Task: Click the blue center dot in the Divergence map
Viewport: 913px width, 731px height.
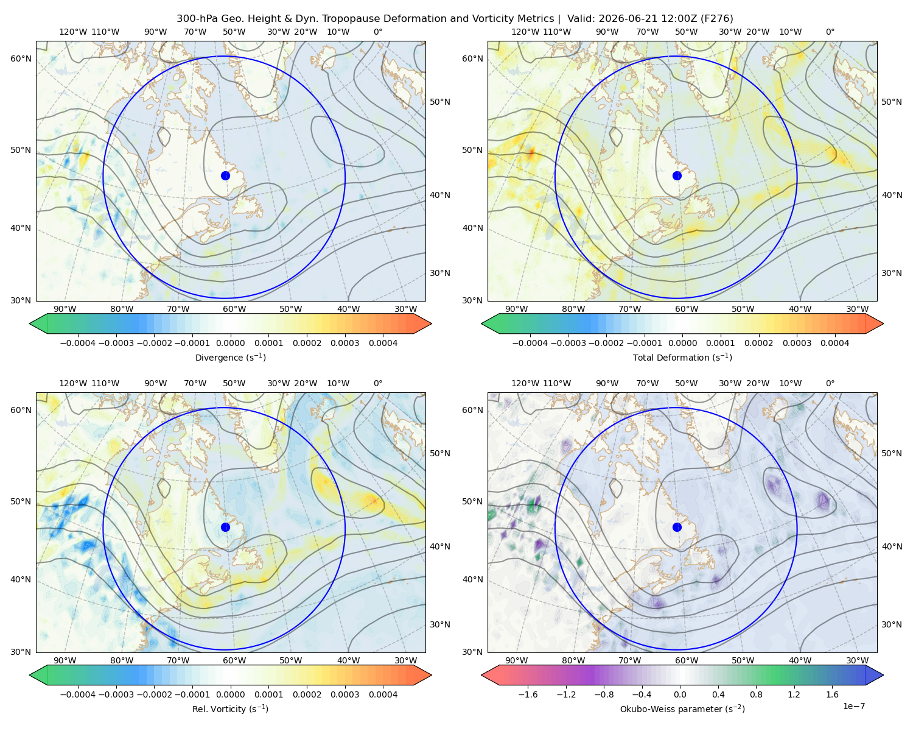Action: (x=225, y=175)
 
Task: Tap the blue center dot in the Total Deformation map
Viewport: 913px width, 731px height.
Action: (x=677, y=175)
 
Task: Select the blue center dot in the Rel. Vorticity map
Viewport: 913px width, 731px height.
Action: (x=225, y=527)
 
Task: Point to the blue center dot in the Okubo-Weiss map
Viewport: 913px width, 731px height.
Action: (x=677, y=527)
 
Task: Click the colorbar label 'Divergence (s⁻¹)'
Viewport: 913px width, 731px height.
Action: (x=230, y=357)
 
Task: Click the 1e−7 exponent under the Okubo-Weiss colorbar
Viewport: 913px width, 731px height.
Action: (x=853, y=706)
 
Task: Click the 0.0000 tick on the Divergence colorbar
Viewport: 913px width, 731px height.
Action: (x=230, y=343)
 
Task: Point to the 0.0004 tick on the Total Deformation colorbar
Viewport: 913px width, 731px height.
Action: (x=834, y=343)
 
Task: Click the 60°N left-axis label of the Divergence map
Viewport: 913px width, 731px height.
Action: (x=21, y=58)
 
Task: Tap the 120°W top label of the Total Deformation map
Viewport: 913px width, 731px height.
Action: (x=525, y=32)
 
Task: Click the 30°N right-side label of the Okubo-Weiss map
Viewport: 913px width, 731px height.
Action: (x=892, y=624)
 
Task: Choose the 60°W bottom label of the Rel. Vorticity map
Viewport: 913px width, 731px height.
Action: (x=234, y=660)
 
